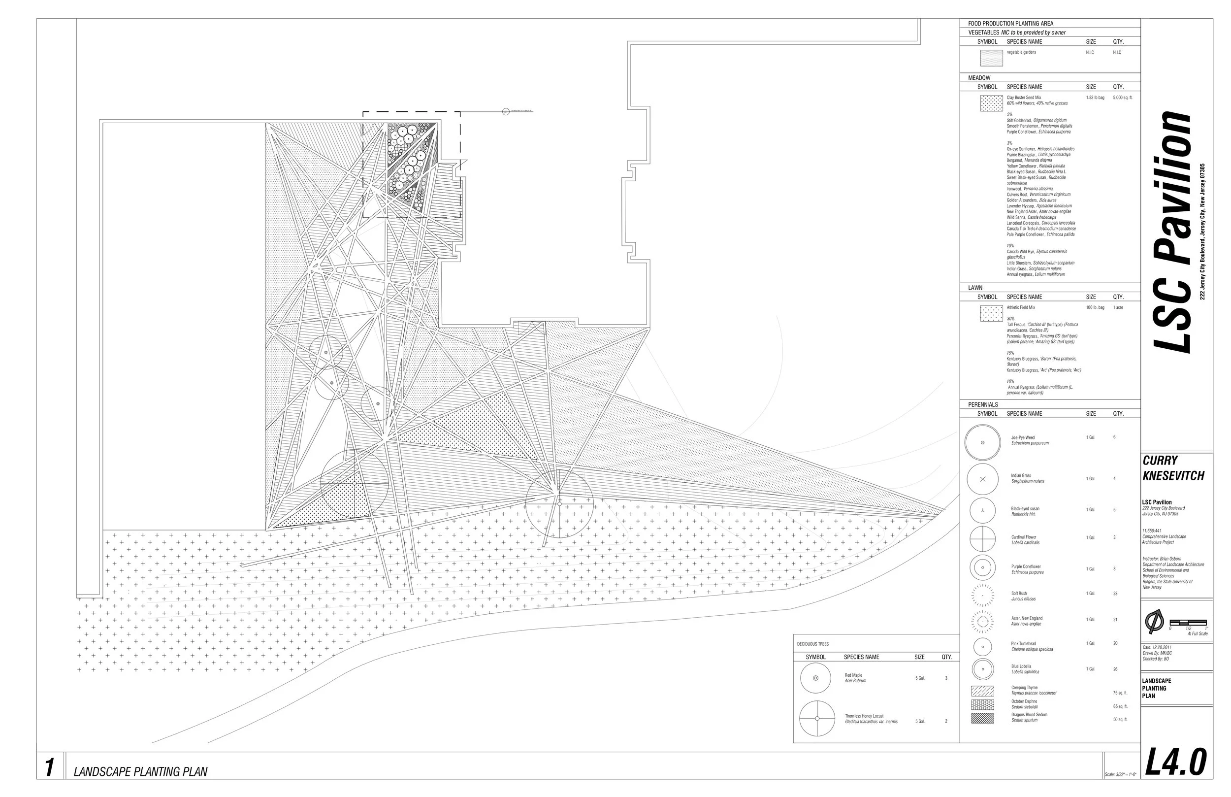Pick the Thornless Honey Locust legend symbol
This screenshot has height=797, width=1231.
click(817, 718)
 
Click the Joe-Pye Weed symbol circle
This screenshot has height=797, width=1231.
click(982, 442)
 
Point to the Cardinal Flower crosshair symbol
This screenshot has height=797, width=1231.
click(982, 539)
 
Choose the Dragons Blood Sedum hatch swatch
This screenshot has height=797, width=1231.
click(982, 718)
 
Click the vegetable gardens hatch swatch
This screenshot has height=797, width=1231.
click(991, 58)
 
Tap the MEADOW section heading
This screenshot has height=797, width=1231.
click(979, 78)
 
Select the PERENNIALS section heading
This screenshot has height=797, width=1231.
click(983, 405)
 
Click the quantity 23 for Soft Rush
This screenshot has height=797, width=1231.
click(1115, 594)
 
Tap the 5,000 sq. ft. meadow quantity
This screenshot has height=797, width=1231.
click(1122, 98)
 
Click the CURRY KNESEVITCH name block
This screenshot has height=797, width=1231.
click(1173, 468)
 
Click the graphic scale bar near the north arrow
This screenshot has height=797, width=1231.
click(1188, 622)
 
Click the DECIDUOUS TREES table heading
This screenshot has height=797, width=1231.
click(812, 644)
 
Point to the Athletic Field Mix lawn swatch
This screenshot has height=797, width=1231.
click(991, 313)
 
